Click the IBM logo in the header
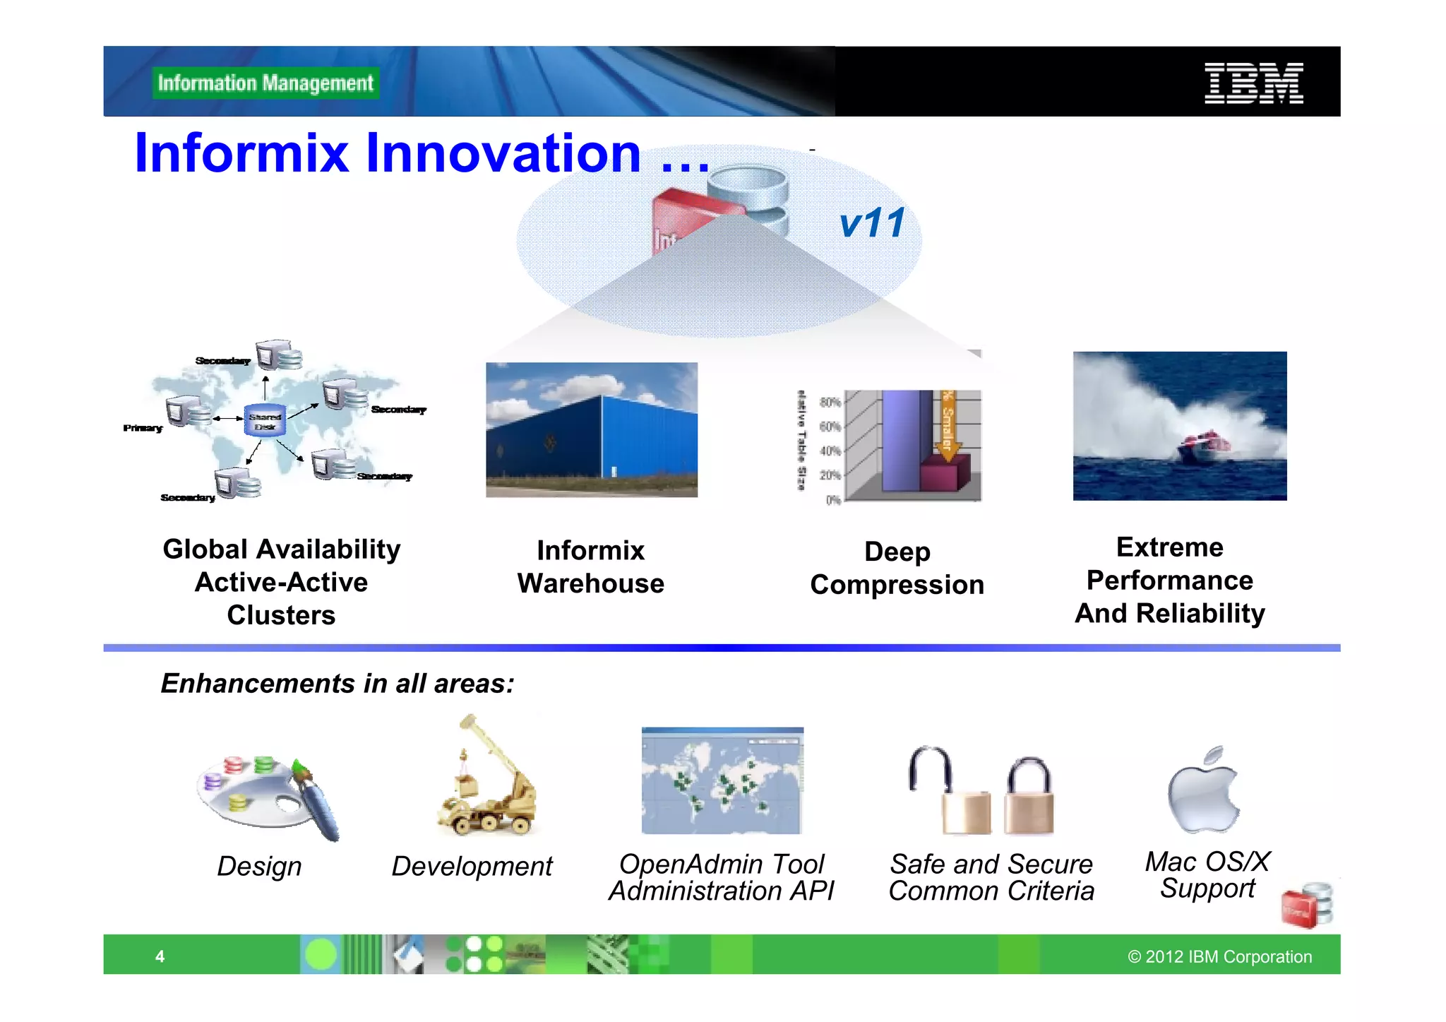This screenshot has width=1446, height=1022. pyautogui.click(x=1253, y=83)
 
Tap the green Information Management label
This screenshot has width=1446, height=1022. pyautogui.click(x=265, y=83)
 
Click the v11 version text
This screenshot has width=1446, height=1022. pyautogui.click(x=872, y=223)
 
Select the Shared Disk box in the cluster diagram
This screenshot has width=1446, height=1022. pyautogui.click(x=265, y=421)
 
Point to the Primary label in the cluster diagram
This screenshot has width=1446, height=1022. pyautogui.click(x=143, y=428)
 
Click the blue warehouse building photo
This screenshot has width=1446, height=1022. pyautogui.click(x=592, y=429)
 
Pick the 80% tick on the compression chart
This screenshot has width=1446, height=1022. pyautogui.click(x=830, y=402)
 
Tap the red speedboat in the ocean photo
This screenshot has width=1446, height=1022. pyautogui.click(x=1202, y=447)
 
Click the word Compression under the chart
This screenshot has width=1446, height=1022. pyautogui.click(x=897, y=585)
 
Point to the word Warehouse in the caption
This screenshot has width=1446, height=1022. pyautogui.click(x=591, y=583)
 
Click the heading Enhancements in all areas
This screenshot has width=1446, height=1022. pyautogui.click(x=337, y=684)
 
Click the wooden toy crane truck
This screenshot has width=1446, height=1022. pyautogui.click(x=487, y=784)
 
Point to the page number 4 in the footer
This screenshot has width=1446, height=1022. pyautogui.click(x=160, y=956)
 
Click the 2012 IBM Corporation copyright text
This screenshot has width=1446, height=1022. pyautogui.click(x=1219, y=956)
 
